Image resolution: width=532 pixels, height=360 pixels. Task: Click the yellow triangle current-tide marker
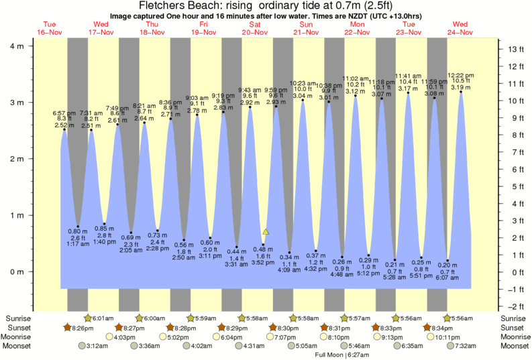(x=266, y=232)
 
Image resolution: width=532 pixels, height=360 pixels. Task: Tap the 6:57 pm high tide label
(x=64, y=113)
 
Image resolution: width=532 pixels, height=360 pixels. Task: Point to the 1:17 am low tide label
(x=78, y=245)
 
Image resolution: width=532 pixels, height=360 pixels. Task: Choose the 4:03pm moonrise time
(x=105, y=337)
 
